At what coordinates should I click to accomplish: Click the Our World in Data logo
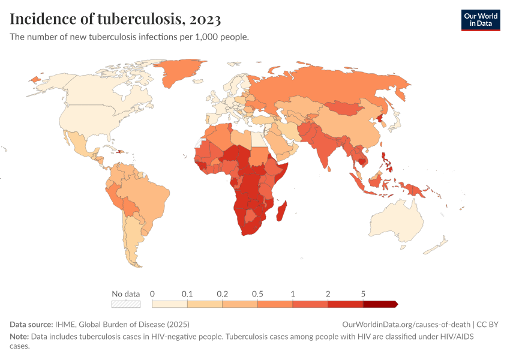click(x=480, y=20)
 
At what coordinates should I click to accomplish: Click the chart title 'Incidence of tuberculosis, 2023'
click(x=115, y=19)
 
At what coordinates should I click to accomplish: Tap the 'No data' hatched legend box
click(x=126, y=304)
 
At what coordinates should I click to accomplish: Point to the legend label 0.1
click(x=187, y=294)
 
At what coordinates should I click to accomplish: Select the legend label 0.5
click(x=258, y=294)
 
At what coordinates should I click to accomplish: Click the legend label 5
click(x=363, y=294)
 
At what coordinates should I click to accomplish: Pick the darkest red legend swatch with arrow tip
click(x=380, y=304)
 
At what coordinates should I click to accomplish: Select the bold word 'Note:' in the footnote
click(x=19, y=337)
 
